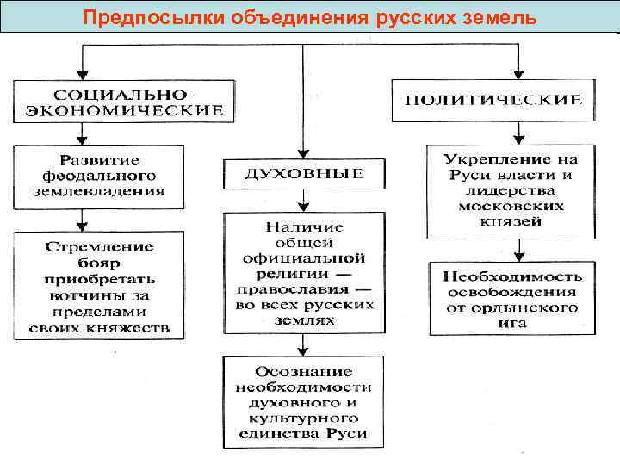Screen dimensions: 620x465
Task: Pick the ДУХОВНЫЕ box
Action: pyautogui.click(x=303, y=173)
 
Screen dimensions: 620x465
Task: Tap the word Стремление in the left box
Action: pyautogui.click(x=100, y=245)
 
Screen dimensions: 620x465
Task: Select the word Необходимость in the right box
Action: pyautogui.click(x=512, y=276)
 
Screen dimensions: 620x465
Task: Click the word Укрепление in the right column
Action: pyautogui.click(x=512, y=160)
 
